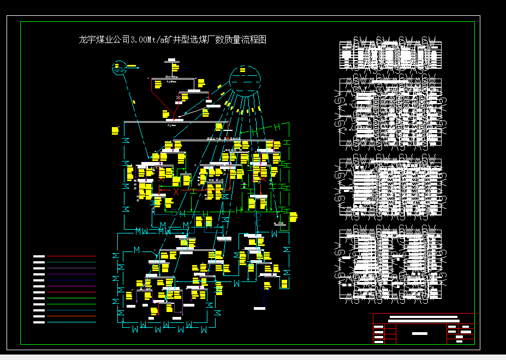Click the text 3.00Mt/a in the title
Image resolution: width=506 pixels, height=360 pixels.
[148, 40]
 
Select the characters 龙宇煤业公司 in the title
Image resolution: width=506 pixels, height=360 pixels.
[104, 40]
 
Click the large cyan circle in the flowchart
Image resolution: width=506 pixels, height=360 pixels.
[245, 81]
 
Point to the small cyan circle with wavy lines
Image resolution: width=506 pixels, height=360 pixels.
[119, 69]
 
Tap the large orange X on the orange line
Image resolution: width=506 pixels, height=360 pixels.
[176, 191]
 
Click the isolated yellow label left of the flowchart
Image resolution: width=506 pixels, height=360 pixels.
[115, 130]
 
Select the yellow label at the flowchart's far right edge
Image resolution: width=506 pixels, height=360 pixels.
[293, 217]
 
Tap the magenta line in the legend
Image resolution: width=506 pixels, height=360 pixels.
[71, 286]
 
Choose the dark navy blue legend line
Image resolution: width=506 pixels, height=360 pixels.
[71, 280]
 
